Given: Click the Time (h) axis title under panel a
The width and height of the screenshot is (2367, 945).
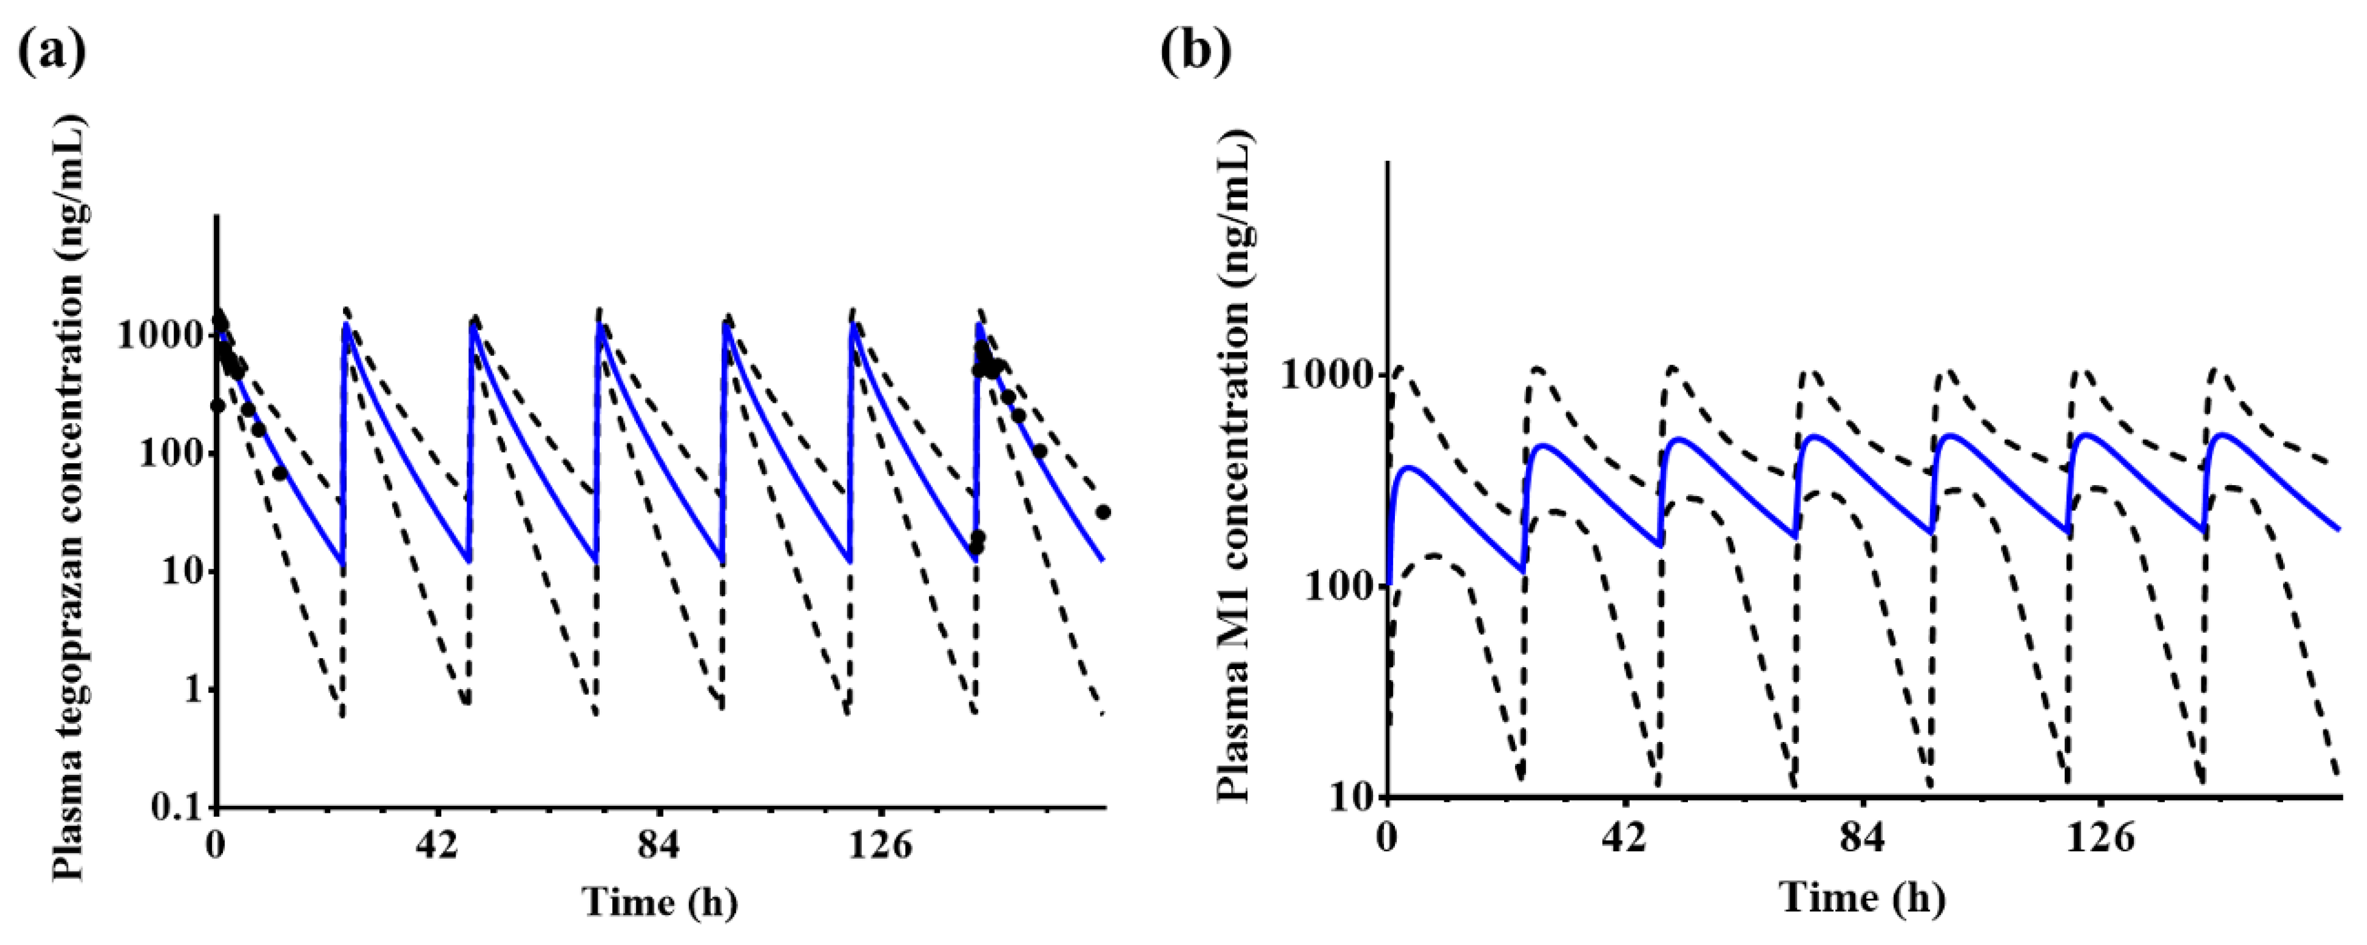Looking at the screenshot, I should coord(660,902).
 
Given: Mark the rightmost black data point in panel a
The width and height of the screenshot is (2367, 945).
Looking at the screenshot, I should coord(1104,512).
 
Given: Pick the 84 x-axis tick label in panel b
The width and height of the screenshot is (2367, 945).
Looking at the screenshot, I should coord(1864,838).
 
